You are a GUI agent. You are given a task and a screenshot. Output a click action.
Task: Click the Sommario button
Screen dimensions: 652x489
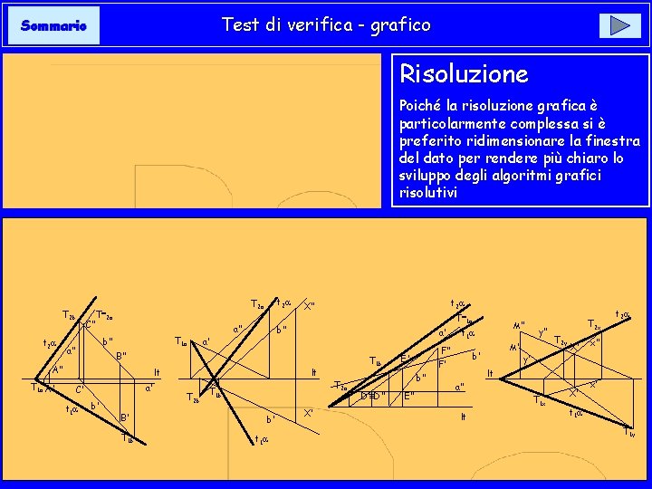[x=53, y=26]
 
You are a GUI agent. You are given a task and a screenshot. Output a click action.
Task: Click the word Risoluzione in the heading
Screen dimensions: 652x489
[x=464, y=73]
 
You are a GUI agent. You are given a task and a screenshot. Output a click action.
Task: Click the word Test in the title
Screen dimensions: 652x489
[x=240, y=25]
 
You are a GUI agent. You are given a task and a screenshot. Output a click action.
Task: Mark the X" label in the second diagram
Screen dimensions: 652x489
[x=309, y=306]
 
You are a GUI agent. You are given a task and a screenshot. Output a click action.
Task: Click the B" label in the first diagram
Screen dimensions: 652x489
[x=120, y=356]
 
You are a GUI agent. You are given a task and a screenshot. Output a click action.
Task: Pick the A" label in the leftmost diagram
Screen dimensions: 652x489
[x=56, y=370]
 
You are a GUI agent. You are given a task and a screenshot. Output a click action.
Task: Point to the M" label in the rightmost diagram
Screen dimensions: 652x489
[x=519, y=326]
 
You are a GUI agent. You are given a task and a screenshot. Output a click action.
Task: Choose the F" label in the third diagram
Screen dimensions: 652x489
[x=446, y=351]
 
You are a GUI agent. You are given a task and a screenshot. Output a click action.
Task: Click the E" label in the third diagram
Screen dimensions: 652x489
[x=409, y=396]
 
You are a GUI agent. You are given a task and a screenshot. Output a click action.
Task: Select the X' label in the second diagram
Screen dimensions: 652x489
[x=309, y=414]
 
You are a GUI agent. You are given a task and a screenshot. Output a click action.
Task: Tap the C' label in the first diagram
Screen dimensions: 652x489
[x=80, y=390]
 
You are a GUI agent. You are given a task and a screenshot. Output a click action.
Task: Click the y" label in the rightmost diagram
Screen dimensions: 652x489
[x=543, y=331]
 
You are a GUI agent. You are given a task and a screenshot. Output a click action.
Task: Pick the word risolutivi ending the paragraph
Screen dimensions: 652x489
[x=428, y=193]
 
